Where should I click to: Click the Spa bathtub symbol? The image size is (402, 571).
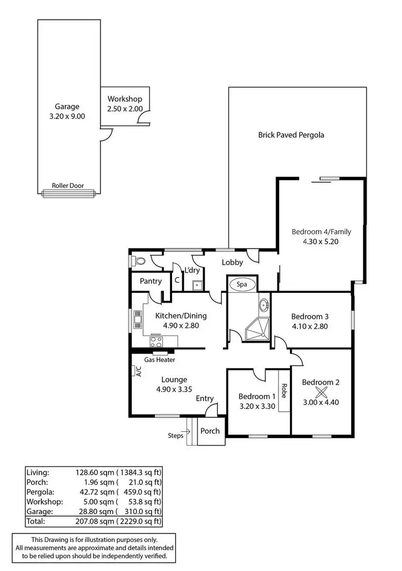point(242,284)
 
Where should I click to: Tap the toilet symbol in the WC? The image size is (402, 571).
point(139,261)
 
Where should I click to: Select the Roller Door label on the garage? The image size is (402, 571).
point(68,186)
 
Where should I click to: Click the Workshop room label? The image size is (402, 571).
point(124,99)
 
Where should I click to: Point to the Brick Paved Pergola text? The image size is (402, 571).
point(291,135)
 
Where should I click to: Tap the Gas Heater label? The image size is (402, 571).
point(159,360)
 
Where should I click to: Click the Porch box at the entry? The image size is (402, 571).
point(210,431)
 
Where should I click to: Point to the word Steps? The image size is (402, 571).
point(175,435)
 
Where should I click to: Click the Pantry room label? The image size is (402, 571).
point(151,282)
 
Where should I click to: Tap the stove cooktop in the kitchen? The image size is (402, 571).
point(157,341)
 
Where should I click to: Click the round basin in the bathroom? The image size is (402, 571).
point(264,306)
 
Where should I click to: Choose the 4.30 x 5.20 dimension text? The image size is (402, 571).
point(321,242)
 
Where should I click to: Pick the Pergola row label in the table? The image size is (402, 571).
point(38,491)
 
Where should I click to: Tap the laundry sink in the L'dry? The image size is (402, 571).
point(197,285)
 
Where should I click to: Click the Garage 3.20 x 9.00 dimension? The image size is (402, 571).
point(67,116)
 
